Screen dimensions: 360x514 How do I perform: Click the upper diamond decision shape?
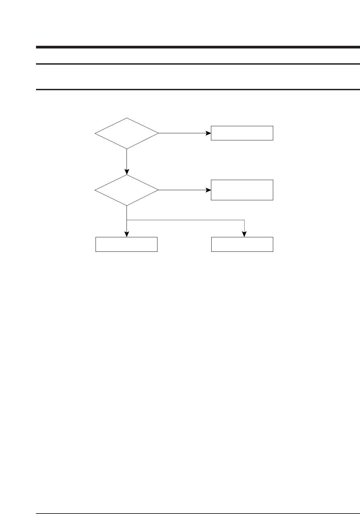[x=127, y=133]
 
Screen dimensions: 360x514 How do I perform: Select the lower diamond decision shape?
[x=127, y=190]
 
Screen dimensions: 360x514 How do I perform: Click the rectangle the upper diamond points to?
[x=242, y=133]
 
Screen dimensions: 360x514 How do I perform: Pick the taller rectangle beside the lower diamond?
[x=242, y=190]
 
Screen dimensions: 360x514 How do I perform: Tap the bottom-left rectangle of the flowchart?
[x=127, y=244]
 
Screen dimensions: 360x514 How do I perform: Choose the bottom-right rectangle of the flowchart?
[x=242, y=244]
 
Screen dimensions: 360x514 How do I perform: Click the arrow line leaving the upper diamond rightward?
[x=182, y=133]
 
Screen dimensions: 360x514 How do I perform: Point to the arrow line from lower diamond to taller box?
[x=182, y=190]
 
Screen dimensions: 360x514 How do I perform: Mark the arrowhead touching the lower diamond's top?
[x=127, y=172]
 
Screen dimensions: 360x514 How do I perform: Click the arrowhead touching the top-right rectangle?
[x=208, y=133]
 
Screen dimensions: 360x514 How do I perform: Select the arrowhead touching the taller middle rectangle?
[x=208, y=190]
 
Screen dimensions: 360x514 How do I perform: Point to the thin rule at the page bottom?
[x=198, y=504]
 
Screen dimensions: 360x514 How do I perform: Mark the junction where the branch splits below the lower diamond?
[x=127, y=220]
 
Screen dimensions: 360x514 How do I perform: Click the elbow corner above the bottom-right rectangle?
[x=244, y=220]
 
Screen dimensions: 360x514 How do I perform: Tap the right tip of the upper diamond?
[x=158, y=133]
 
